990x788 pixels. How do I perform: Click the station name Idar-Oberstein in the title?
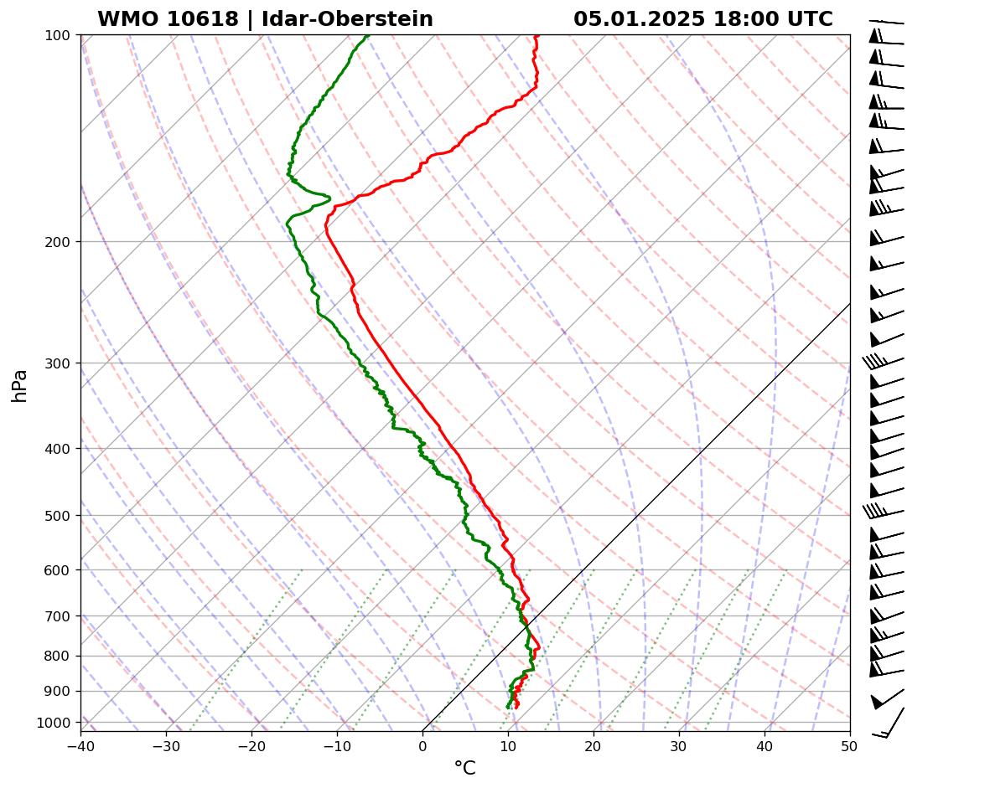click(347, 19)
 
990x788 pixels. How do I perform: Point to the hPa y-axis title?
click(19, 385)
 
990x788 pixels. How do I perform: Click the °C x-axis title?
click(464, 769)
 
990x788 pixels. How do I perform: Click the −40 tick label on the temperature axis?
click(80, 745)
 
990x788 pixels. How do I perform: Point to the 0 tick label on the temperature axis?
click(422, 745)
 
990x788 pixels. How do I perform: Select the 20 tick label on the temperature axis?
click(593, 745)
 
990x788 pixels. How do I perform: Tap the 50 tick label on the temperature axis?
click(850, 745)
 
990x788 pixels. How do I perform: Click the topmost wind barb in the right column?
click(887, 22)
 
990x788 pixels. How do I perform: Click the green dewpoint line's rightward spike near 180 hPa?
click(327, 198)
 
